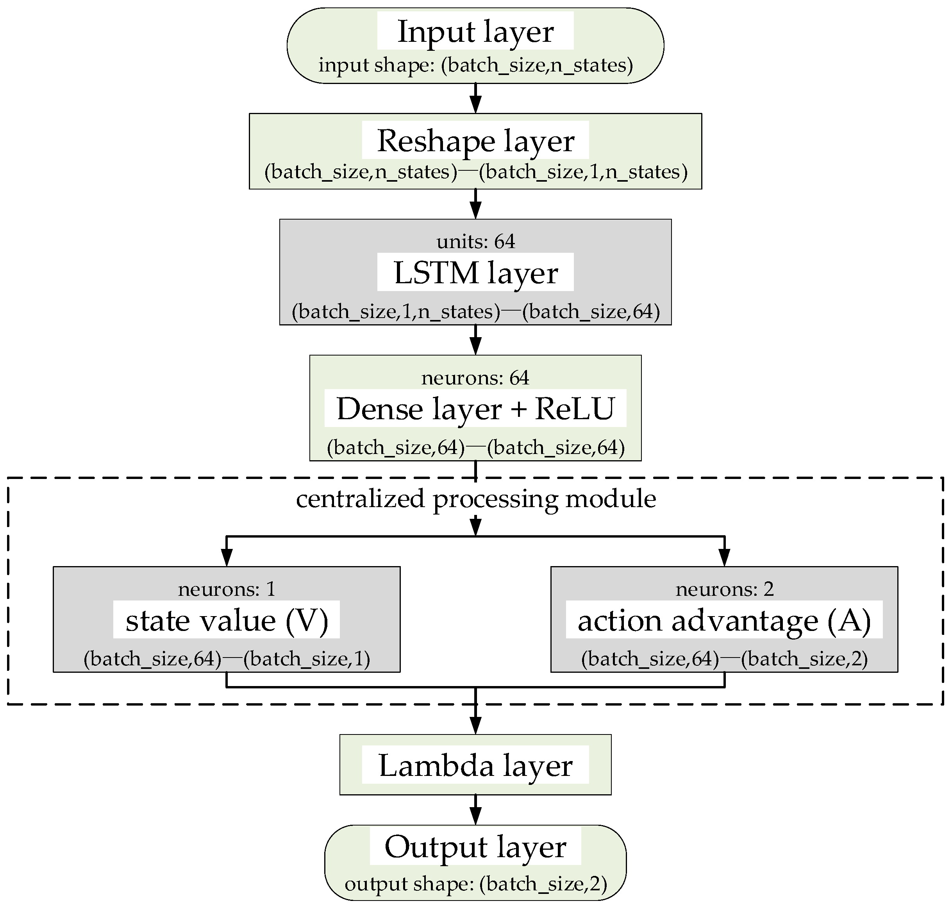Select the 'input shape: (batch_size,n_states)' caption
point(475,65)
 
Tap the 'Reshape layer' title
point(475,141)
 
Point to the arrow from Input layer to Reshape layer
point(476,98)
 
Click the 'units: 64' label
point(476,241)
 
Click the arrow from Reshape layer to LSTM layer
point(476,204)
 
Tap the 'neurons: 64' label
point(475,378)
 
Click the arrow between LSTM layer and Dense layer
point(476,340)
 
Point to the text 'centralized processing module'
point(476,499)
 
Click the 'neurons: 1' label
point(227,589)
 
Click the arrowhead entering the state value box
point(227,558)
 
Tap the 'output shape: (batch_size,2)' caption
point(475,884)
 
